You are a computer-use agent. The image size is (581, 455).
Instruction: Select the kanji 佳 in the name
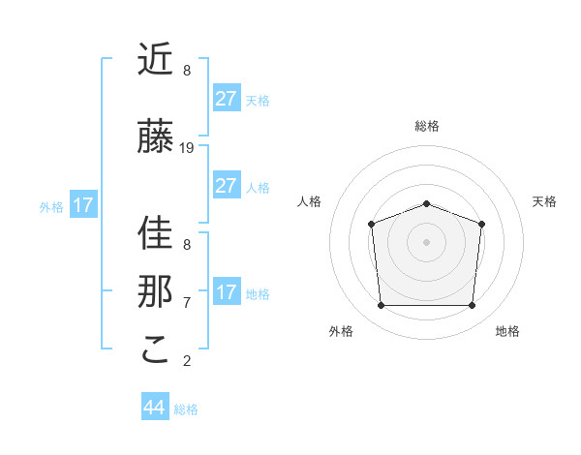click(x=156, y=232)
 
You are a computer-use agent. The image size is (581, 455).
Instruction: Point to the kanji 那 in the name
click(x=156, y=291)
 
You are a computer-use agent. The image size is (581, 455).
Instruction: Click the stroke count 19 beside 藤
click(x=187, y=148)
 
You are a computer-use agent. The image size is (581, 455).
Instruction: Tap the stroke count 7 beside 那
click(x=187, y=302)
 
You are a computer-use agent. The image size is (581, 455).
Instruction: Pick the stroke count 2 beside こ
click(x=187, y=361)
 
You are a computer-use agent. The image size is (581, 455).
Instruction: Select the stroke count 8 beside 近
click(x=187, y=71)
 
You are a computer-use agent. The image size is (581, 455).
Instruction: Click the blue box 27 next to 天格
click(x=226, y=98)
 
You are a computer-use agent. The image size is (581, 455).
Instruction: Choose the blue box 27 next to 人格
click(x=226, y=186)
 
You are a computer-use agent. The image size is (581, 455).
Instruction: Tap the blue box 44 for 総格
click(x=154, y=407)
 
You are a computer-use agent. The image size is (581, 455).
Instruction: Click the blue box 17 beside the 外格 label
click(x=82, y=205)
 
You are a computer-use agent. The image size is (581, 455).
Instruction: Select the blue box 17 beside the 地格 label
click(x=226, y=292)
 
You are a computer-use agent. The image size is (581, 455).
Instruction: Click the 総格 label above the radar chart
click(x=426, y=126)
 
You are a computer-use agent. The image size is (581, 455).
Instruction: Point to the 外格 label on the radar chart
click(x=341, y=332)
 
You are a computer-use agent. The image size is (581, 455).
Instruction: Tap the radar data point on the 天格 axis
click(x=481, y=224)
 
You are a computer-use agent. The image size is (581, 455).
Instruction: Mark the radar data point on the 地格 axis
click(x=472, y=306)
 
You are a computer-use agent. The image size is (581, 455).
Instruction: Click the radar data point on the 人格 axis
click(x=371, y=224)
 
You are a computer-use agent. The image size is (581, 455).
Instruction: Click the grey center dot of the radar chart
click(x=426, y=241)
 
